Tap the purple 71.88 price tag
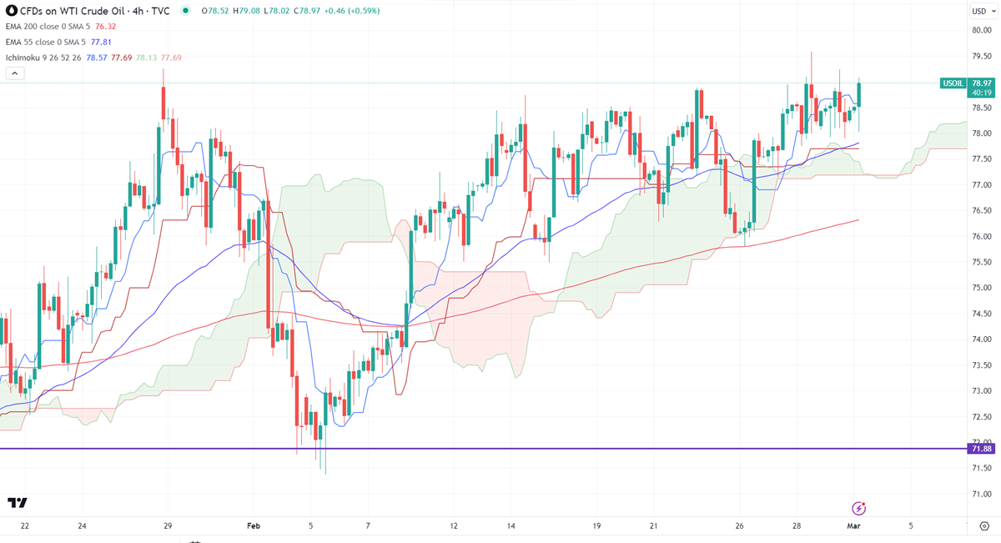[982, 449]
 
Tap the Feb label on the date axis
[254, 526]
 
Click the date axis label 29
[168, 526]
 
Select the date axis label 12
[454, 526]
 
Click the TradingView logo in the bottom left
[18, 502]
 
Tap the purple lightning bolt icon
[858, 508]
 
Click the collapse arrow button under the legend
[15, 73]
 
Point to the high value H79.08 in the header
[249, 11]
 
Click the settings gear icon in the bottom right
[984, 525]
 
